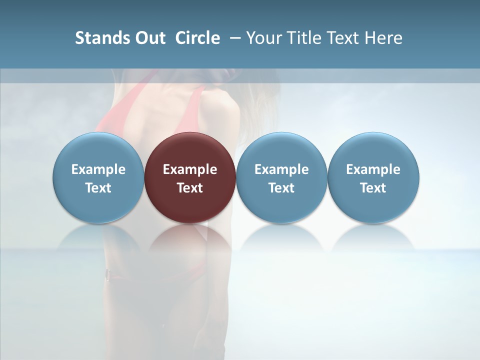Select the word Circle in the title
197,38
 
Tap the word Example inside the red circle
190,169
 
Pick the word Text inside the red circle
190,188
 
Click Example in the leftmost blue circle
98,169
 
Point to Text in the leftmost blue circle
98,188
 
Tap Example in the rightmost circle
373,169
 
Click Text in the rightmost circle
373,188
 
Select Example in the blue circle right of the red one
281,169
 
